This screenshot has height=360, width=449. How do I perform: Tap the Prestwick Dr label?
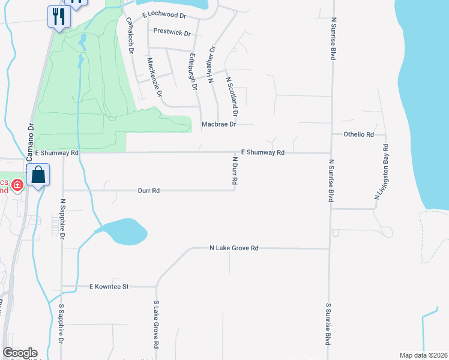point(172,33)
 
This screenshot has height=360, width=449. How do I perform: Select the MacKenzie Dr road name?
point(155,77)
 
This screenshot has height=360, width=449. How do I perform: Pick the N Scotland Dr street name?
point(232,95)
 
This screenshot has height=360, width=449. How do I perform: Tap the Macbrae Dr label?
point(219,125)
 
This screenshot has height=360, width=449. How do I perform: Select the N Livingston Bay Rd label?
point(382,172)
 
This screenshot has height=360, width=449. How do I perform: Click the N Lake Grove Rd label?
point(234,248)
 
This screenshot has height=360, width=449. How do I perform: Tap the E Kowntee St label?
point(109,287)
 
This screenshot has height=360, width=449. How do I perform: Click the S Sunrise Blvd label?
point(328,323)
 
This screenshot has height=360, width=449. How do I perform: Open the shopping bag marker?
point(38,176)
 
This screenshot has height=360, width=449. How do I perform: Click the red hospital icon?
point(18,184)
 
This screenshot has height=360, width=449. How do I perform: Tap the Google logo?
point(20,353)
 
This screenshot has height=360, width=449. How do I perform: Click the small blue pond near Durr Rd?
point(125,231)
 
